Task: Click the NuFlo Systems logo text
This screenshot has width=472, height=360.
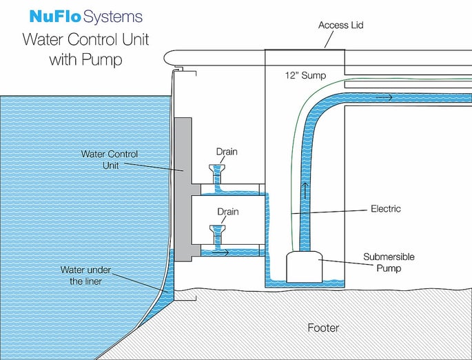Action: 86,16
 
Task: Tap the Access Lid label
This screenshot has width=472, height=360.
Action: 340,26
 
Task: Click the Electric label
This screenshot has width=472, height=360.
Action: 385,208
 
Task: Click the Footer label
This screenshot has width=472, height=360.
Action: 323,328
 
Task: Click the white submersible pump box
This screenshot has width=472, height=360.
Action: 304,266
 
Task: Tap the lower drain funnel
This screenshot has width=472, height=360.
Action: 219,228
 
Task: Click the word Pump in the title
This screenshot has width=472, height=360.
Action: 104,60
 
